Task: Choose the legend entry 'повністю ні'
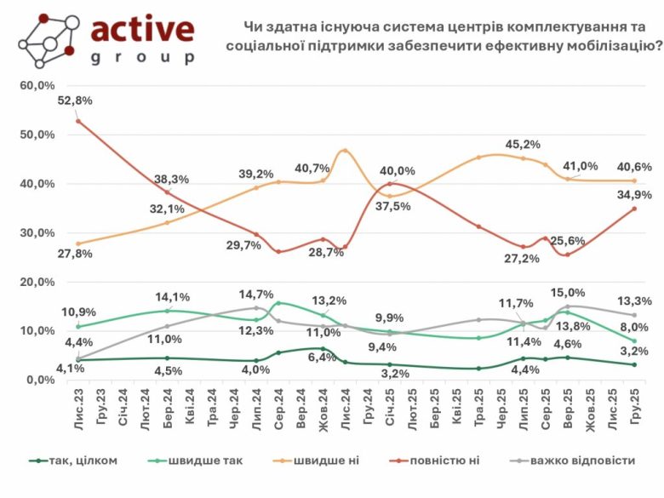click(x=448, y=461)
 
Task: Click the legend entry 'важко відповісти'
click(x=581, y=461)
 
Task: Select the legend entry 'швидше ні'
click(x=330, y=461)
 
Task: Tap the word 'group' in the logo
click(x=142, y=57)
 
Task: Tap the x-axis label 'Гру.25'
click(x=631, y=406)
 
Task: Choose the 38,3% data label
click(x=171, y=180)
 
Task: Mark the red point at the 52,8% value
click(x=78, y=121)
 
